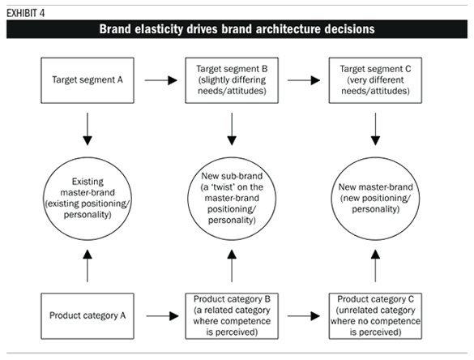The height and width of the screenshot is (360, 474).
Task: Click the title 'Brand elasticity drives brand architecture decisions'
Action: click(x=237, y=30)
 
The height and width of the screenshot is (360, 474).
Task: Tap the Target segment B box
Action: click(x=233, y=81)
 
